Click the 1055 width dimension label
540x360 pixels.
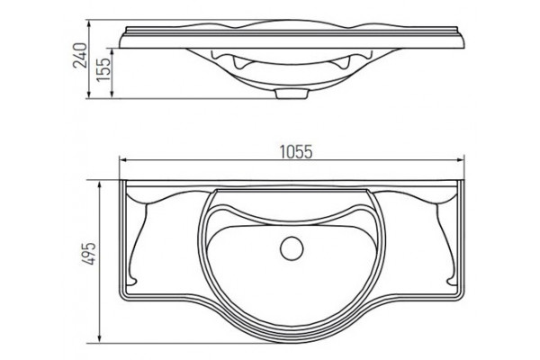(296, 151)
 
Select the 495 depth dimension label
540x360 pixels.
(88, 254)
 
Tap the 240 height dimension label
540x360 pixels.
(80, 55)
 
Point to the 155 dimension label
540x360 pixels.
(103, 69)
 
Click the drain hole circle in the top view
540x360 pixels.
(292, 248)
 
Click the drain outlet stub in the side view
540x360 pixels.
(292, 94)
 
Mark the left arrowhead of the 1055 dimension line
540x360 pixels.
(123, 160)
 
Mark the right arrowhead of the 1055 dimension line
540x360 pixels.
(460, 160)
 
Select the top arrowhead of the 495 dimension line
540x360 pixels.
(100, 184)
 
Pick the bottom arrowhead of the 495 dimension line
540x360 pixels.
(100, 338)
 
